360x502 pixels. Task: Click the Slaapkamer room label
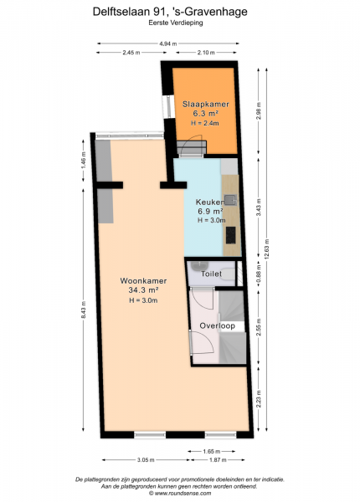coord(206,104)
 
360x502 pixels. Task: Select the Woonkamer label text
coord(143,281)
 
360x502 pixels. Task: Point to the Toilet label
coord(211,274)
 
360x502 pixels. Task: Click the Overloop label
coord(217,326)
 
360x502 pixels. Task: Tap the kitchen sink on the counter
coord(230,200)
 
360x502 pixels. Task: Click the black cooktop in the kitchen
coord(230,235)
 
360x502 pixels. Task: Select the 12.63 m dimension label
coord(267,248)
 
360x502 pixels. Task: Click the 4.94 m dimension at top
coord(168,44)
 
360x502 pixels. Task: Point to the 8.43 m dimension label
coord(83,310)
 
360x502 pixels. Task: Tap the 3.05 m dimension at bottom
coord(146,460)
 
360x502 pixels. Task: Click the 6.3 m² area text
coord(206,113)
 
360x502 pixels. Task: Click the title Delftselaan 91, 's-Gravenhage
coord(170,12)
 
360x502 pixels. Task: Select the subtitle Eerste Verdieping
coord(176,23)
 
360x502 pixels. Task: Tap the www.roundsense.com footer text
coord(180,494)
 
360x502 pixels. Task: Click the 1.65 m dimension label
coord(211,452)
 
